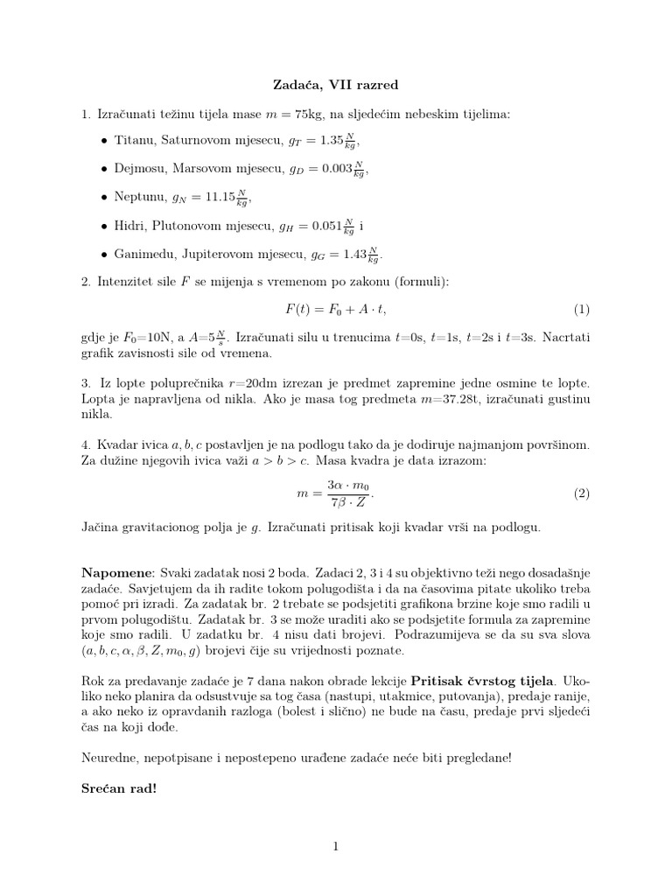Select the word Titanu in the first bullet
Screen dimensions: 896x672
point(134,140)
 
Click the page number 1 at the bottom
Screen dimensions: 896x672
point(335,846)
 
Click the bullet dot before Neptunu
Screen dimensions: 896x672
point(105,198)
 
